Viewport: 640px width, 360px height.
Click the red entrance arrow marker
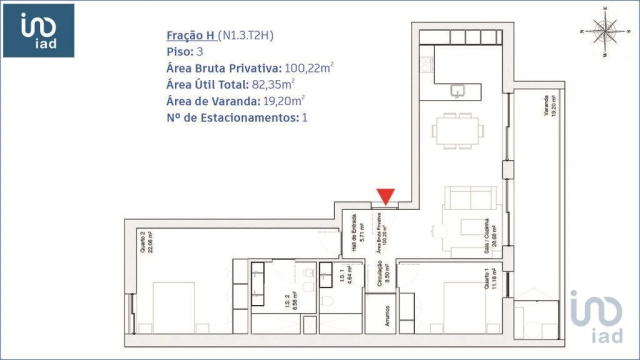coord(385,196)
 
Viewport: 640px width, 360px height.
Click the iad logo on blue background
coord(38,30)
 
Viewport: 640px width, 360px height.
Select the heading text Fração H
coord(191,35)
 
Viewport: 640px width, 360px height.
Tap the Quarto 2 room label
coord(145,242)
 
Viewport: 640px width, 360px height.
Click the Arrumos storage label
coord(388,316)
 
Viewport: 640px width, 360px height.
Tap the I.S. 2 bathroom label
coord(291,302)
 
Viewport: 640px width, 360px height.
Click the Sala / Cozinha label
coord(490,236)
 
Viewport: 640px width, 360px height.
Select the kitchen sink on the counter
coord(457,90)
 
